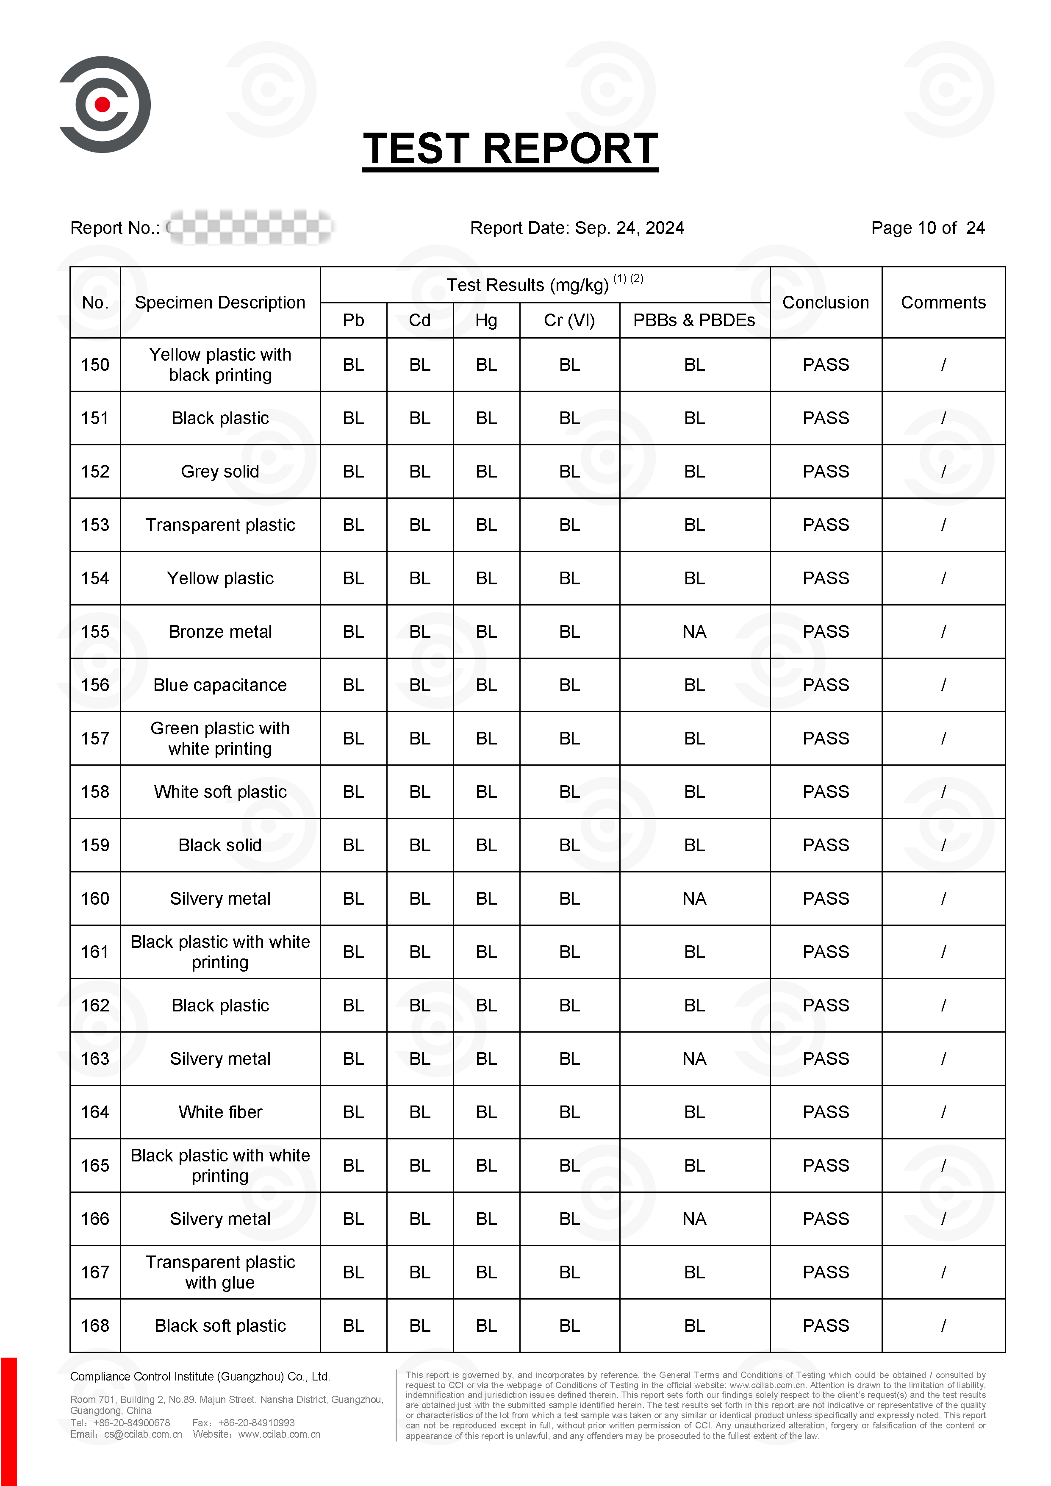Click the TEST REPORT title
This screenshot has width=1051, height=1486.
tap(510, 149)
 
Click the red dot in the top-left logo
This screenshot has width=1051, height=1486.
tap(102, 104)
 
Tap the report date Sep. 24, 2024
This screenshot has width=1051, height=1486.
tap(629, 228)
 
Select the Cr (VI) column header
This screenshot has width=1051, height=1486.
tap(569, 320)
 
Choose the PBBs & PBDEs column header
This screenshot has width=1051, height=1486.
tap(694, 320)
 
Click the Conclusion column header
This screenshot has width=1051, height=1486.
tap(825, 302)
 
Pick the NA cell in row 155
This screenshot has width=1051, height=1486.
tap(694, 632)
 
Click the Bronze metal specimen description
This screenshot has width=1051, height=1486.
tap(220, 632)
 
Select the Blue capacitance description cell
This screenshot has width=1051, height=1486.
tap(220, 685)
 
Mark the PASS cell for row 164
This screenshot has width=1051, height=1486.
tap(825, 1112)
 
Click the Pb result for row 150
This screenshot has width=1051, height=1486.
tap(353, 365)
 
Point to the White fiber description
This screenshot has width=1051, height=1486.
tap(220, 1112)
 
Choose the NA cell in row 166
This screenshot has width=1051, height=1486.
tap(694, 1219)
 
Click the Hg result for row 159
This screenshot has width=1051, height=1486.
tap(486, 845)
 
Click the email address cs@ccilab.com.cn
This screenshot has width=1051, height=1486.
tap(143, 1434)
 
